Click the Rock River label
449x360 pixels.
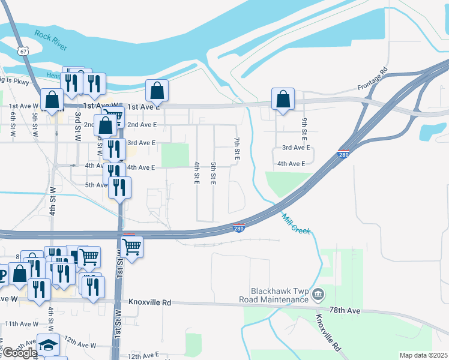point(51,40)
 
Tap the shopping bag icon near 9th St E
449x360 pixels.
point(283,99)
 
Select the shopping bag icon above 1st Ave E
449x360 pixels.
point(157,91)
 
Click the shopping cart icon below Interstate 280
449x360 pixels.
point(131,246)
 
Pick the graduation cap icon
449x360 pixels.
point(48,345)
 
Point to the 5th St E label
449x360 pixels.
point(213,173)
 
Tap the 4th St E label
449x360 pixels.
point(196,173)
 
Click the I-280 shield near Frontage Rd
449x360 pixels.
point(344,154)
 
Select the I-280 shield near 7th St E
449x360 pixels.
point(238,228)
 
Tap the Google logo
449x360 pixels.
point(20,353)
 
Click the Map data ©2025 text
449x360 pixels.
point(423,355)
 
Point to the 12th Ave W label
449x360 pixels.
point(80,346)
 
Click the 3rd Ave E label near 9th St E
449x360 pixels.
point(296,148)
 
